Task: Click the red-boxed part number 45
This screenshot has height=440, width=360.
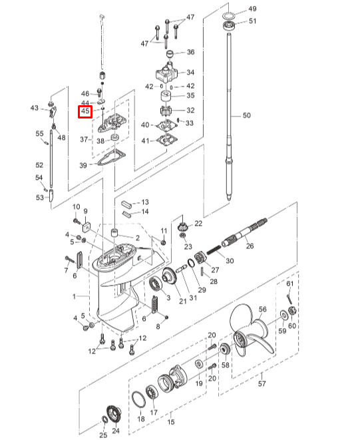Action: (85, 112)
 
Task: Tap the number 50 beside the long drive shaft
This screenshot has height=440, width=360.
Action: (247, 116)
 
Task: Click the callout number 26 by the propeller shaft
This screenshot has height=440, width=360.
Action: (250, 246)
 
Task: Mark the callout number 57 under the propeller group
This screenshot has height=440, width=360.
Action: (262, 383)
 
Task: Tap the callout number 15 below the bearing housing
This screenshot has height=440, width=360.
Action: (170, 422)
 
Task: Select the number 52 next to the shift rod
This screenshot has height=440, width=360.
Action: (39, 164)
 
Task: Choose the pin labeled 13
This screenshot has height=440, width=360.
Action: (127, 202)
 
